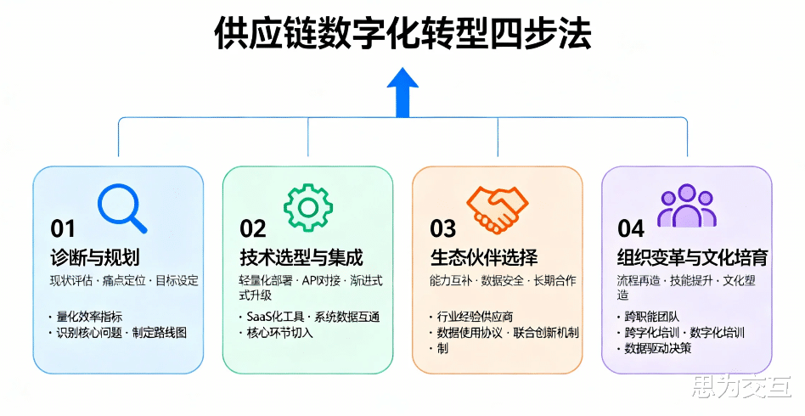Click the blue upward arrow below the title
pyautogui.click(x=402, y=91)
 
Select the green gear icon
pyautogui.click(x=307, y=206)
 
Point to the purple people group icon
pyautogui.click(x=686, y=205)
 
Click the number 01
pyautogui.click(x=63, y=228)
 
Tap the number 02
pyautogui.click(x=253, y=228)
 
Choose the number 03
pyautogui.click(x=442, y=228)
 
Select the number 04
pyautogui.click(x=632, y=228)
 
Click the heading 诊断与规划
pyautogui.click(x=94, y=257)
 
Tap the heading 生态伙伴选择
pyautogui.click(x=483, y=257)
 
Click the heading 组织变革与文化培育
pyautogui.click(x=692, y=257)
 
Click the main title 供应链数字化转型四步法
pyautogui.click(x=402, y=36)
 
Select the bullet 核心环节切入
pyautogui.click(x=279, y=333)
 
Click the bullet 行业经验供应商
pyautogui.click(x=475, y=317)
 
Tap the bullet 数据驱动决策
pyautogui.click(x=657, y=348)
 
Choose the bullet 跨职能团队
pyautogui.click(x=651, y=317)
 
